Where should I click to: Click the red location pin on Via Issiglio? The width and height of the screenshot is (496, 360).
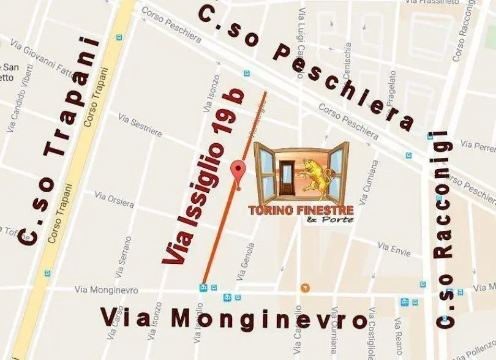click(x=238, y=170)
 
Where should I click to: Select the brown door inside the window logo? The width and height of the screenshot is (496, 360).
click(x=285, y=179)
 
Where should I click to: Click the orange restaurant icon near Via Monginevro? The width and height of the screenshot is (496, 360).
click(x=305, y=287)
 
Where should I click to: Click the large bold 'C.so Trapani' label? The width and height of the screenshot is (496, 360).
click(x=60, y=141)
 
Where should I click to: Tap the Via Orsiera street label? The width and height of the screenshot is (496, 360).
click(x=114, y=199)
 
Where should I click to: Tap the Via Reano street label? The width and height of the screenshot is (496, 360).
click(x=399, y=337)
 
